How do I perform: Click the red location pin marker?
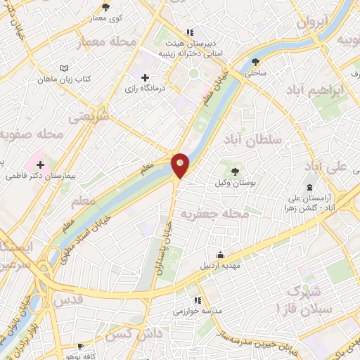click(x=181, y=165)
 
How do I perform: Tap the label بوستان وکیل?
click(x=234, y=183)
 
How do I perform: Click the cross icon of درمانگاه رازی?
click(x=145, y=77)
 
